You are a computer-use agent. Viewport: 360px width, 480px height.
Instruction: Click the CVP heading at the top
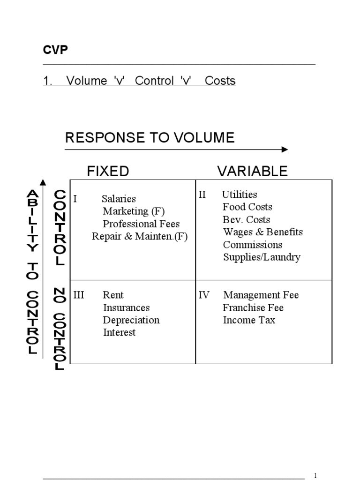click(55, 50)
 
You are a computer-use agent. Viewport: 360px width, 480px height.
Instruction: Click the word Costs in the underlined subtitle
click(220, 81)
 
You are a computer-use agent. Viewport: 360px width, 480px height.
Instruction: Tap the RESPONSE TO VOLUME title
click(150, 137)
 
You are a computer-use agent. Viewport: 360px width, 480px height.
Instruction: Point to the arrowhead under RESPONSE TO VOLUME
click(285, 150)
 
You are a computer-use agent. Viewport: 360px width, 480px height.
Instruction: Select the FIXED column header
click(108, 172)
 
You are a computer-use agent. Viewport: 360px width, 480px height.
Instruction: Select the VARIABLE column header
click(252, 172)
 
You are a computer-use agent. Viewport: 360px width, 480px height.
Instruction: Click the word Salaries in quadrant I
click(119, 199)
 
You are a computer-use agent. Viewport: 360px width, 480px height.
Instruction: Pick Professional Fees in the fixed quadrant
click(141, 224)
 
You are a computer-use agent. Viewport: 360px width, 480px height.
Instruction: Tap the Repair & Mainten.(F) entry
click(140, 236)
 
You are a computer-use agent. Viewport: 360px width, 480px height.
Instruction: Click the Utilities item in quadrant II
click(240, 195)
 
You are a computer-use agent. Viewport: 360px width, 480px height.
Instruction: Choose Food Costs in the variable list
click(247, 207)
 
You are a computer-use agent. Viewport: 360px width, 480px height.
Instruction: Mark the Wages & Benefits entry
click(263, 232)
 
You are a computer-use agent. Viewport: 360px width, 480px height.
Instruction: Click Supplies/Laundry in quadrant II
click(262, 257)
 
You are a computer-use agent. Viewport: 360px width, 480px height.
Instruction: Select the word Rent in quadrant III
click(113, 295)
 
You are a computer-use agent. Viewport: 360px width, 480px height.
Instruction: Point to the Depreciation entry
click(131, 320)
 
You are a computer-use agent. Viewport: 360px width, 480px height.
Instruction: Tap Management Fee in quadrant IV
click(261, 295)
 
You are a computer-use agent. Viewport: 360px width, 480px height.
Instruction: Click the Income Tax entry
click(249, 320)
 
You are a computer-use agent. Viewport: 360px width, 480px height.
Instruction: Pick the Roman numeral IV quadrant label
click(204, 295)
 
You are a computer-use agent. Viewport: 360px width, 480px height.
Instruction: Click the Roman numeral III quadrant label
click(79, 295)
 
